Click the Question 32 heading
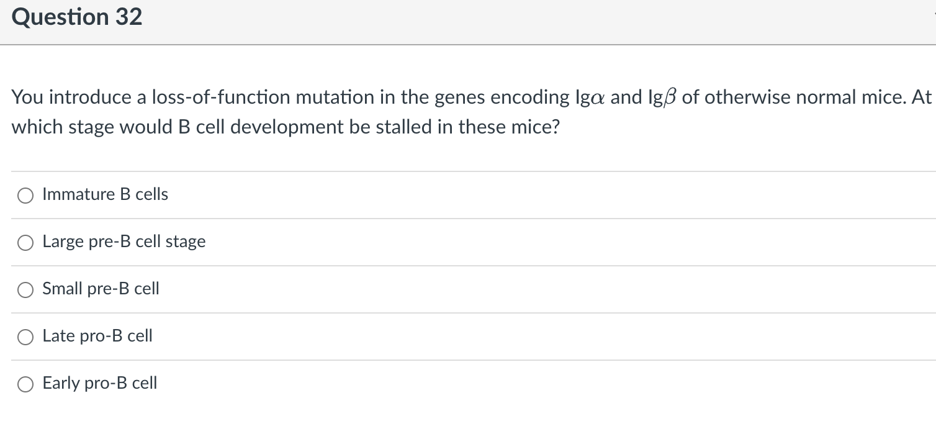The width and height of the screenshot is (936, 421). [77, 17]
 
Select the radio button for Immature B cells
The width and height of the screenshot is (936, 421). [25, 196]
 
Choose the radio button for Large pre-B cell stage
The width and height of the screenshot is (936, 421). [25, 243]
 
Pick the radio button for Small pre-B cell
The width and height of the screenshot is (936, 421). [25, 290]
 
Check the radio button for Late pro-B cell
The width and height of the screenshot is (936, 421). [25, 337]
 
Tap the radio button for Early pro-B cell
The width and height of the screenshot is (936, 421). [25, 384]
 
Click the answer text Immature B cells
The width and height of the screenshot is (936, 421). [105, 194]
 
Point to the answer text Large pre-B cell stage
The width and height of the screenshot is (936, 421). [124, 242]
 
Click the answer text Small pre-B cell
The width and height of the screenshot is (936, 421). [101, 289]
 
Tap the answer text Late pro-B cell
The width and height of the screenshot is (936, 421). [97, 336]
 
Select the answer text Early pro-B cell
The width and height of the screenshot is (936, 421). [99, 383]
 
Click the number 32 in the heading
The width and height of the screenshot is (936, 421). [128, 17]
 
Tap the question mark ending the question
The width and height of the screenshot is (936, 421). [556, 127]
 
